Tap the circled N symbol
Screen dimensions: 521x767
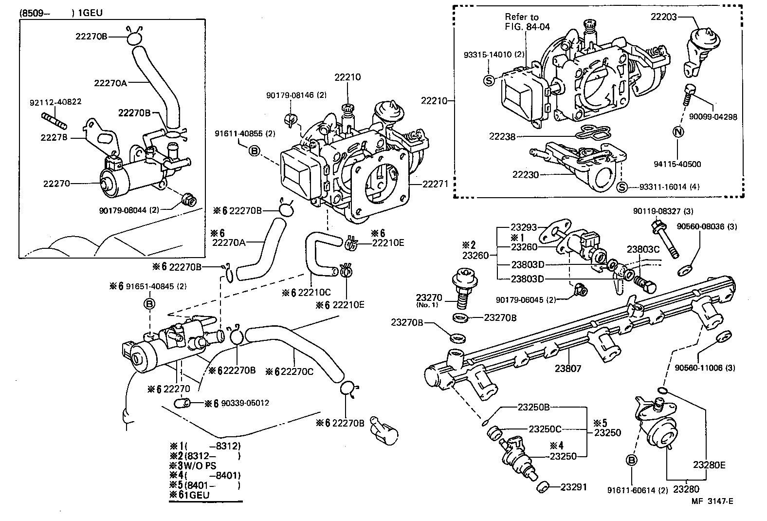coord(678,131)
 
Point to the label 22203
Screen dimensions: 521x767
coord(664,17)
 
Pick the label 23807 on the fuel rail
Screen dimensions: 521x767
coord(568,369)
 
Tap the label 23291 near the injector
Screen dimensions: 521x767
coord(574,486)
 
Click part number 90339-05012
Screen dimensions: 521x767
coord(245,403)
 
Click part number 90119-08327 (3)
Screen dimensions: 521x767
coord(662,211)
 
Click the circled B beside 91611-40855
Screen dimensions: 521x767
coord(255,151)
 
